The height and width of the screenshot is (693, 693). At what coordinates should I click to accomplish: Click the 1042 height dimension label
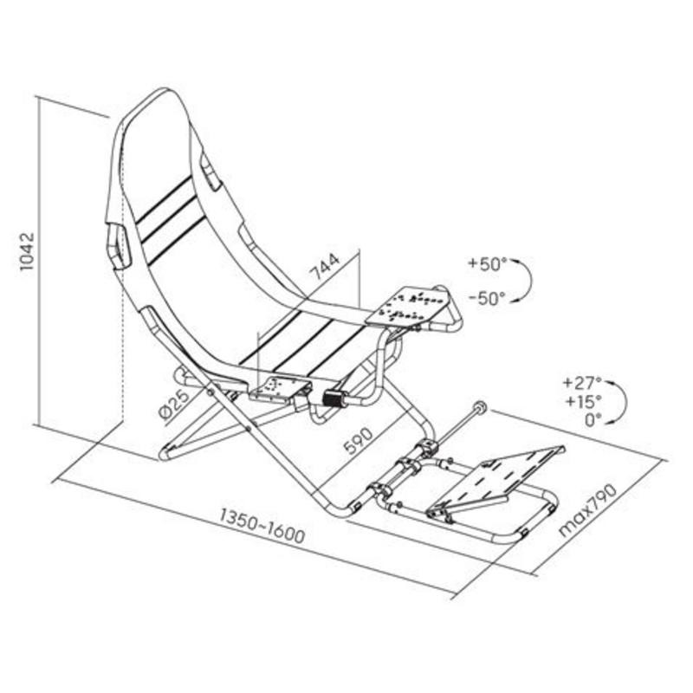28,250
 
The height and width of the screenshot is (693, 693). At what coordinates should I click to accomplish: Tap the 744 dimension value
325,267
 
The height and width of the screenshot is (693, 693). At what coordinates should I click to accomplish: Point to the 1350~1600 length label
262,526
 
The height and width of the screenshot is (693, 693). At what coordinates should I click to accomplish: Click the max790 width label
588,510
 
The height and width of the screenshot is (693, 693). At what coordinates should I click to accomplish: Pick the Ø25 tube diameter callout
174,404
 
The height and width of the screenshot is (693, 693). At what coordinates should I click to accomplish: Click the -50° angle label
487,299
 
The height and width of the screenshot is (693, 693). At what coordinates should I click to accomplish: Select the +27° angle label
583,382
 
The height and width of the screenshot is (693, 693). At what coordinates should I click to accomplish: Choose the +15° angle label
583,401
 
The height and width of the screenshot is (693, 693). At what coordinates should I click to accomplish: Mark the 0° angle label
593,420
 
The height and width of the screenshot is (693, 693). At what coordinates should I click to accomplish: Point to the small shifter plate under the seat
277,388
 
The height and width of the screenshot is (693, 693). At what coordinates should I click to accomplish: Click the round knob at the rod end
480,406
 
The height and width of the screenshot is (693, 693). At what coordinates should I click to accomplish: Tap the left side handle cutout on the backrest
119,246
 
